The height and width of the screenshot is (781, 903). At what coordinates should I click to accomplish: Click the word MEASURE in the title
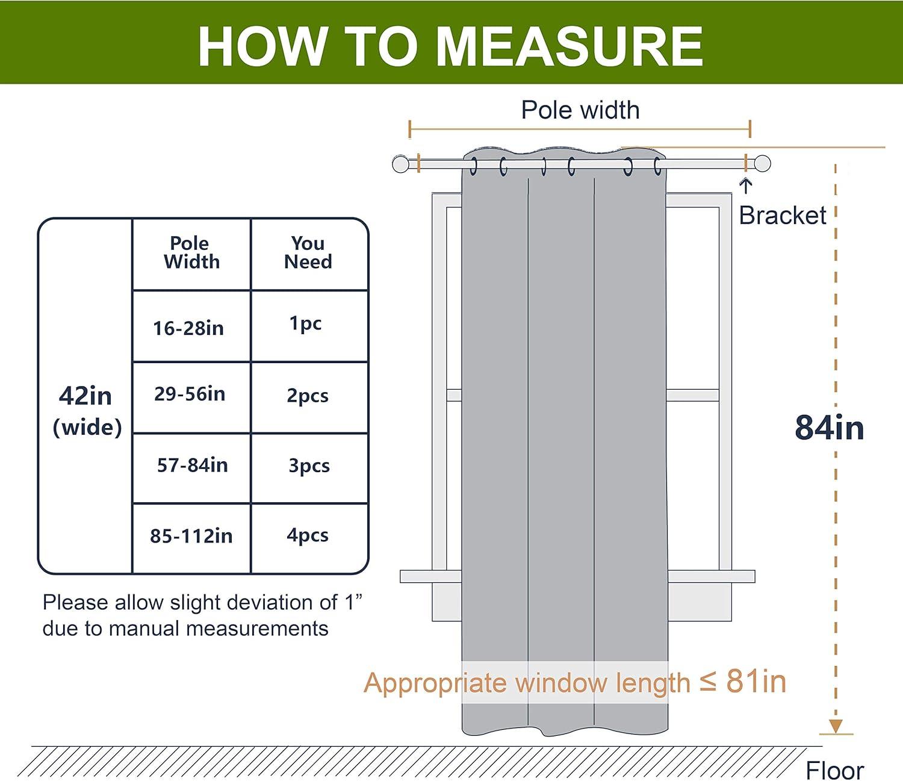click(569, 46)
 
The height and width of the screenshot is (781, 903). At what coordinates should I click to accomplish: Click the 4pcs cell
click(308, 535)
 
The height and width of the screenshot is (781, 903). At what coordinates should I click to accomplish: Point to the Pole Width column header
click(191, 252)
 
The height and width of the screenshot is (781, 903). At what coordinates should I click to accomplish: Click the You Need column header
click(308, 252)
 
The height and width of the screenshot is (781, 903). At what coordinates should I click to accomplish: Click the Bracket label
click(782, 215)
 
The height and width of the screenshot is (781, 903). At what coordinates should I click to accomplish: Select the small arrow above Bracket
click(746, 185)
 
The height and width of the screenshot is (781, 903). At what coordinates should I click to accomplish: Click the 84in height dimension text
click(829, 428)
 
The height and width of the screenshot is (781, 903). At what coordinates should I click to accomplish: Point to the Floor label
click(834, 770)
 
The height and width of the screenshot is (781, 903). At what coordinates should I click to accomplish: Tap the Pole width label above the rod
click(580, 110)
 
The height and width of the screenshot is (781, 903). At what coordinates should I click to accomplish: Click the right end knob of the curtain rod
click(762, 164)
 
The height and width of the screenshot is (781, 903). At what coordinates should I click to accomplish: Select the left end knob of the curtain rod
click(400, 164)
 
